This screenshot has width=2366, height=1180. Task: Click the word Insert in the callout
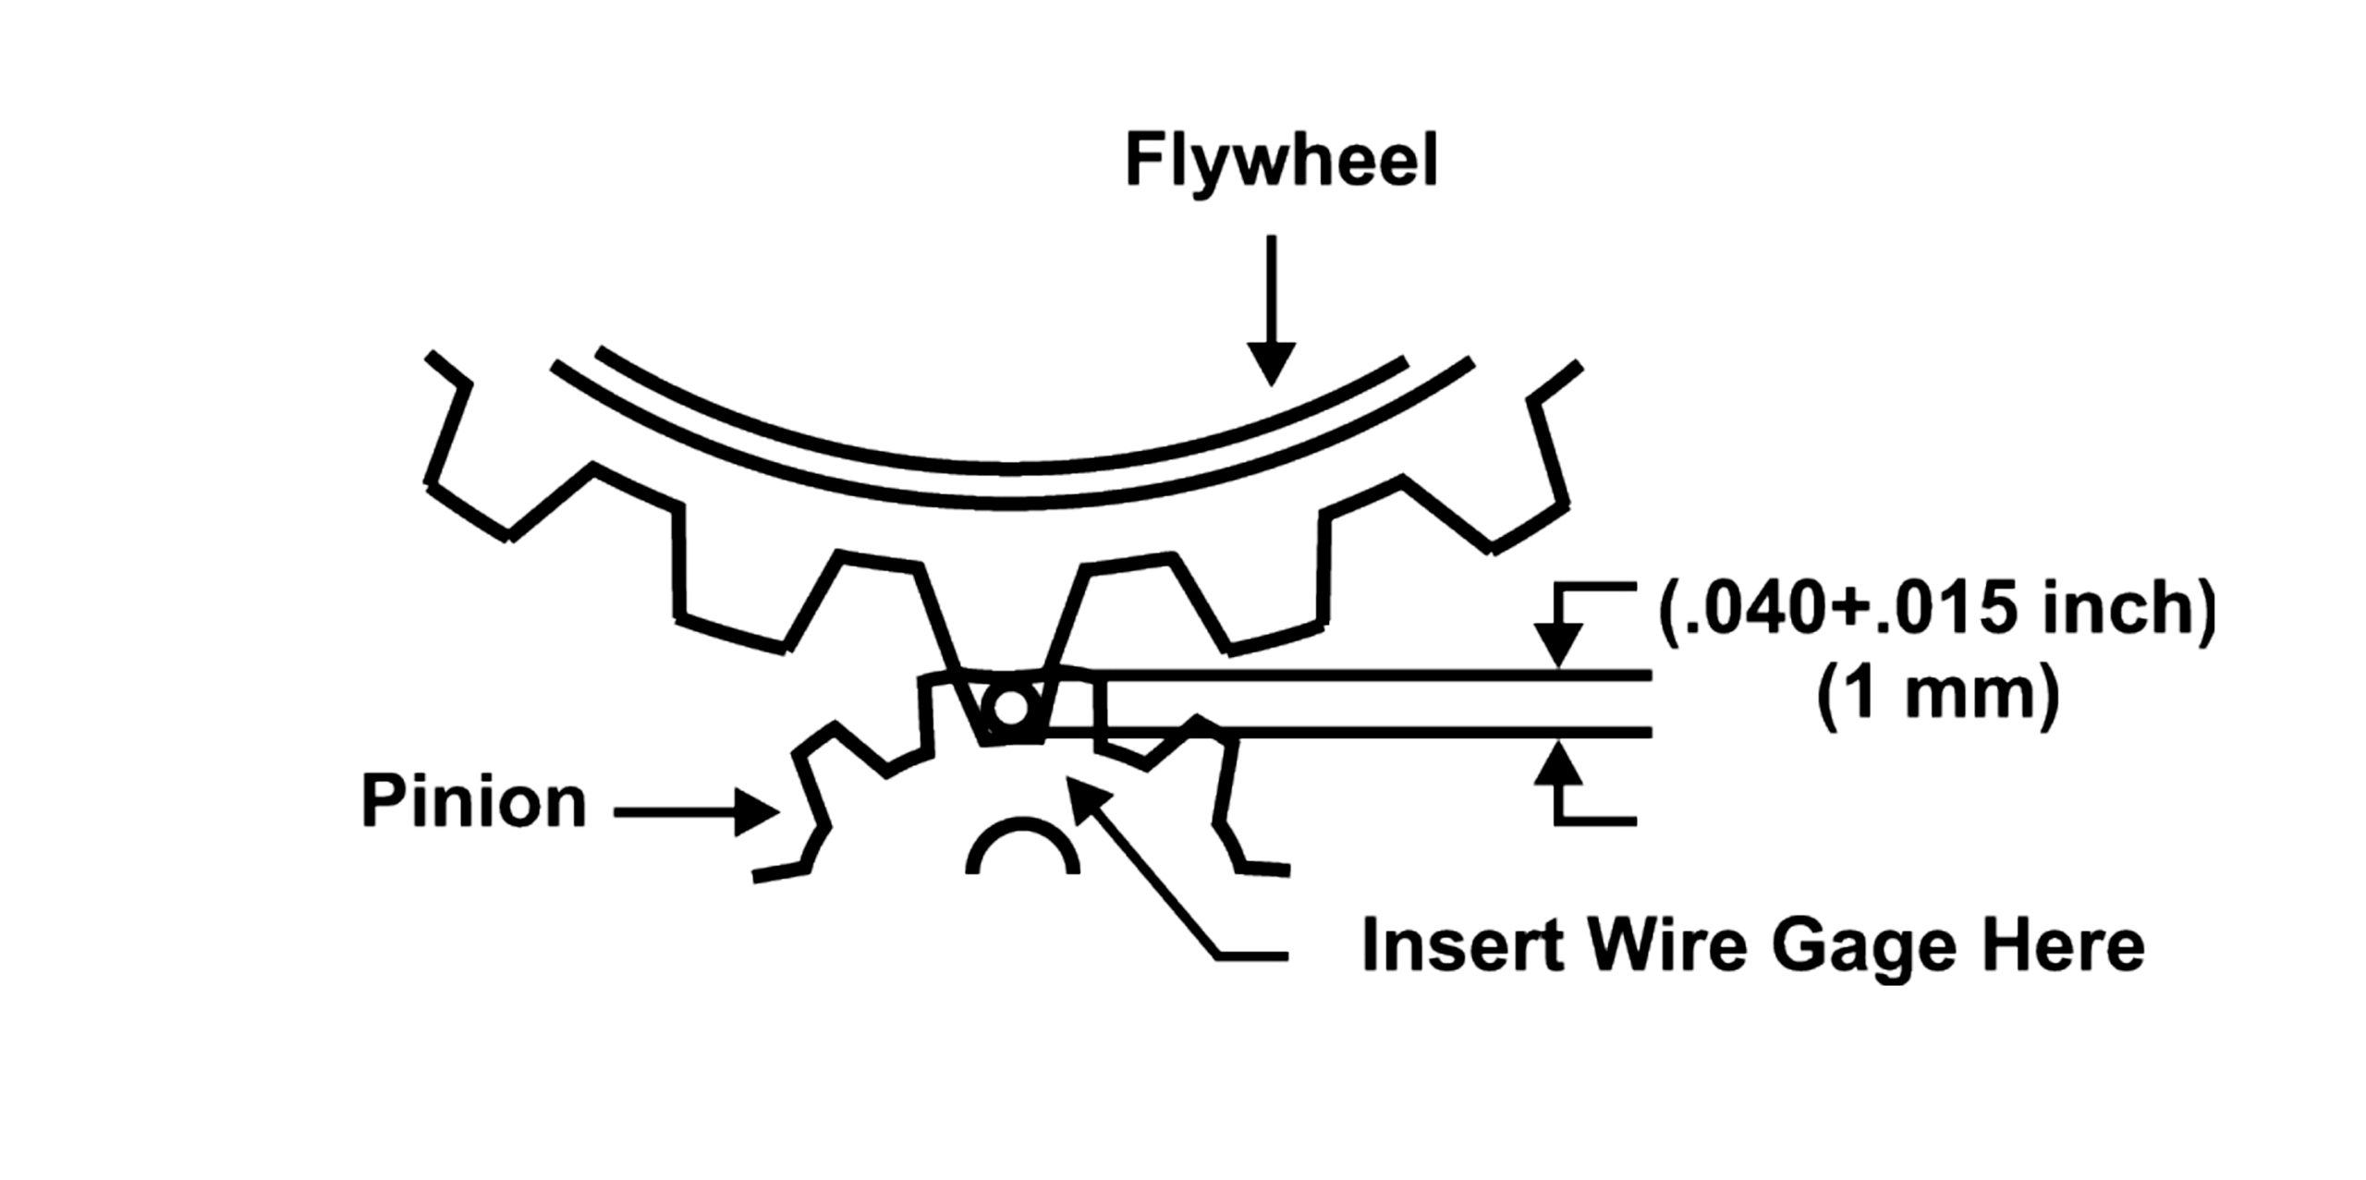point(1450,946)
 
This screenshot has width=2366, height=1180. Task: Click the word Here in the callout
point(2053,946)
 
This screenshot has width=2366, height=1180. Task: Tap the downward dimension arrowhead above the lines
point(1558,647)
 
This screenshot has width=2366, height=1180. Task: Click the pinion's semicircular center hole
point(1022,850)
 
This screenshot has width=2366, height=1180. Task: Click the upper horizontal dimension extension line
point(1368,675)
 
